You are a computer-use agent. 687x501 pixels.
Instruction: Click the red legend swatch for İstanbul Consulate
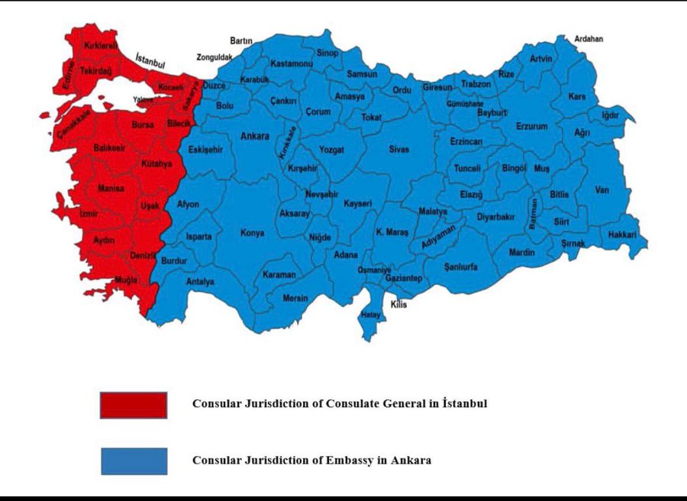[133, 405]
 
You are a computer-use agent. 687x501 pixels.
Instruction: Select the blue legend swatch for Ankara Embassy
[133, 461]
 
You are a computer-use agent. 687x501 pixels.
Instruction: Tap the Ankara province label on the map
[255, 137]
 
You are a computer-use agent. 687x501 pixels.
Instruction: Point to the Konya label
[253, 233]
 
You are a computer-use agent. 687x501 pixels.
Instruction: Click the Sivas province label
[398, 150]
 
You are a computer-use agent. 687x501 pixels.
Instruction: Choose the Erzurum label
[531, 126]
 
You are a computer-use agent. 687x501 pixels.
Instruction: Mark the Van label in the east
[602, 189]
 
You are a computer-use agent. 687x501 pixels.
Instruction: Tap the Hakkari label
[622, 235]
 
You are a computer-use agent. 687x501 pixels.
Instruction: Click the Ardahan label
[589, 38]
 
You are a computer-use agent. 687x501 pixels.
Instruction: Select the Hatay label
[371, 314]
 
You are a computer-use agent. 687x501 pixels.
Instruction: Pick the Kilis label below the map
[398, 305]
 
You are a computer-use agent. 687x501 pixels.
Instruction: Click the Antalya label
[200, 282]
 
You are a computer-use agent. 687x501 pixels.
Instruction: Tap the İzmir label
[89, 215]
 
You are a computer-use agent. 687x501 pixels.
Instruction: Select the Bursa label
[143, 124]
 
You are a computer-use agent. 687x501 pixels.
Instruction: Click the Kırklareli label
[101, 46]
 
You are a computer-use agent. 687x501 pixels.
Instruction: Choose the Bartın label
[241, 40]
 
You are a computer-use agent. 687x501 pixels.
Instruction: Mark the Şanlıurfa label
[461, 267]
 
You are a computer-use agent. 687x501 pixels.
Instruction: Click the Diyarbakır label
[496, 217]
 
